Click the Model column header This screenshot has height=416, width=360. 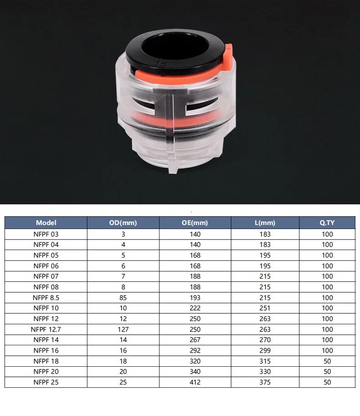click(46, 223)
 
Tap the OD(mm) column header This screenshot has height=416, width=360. click(123, 223)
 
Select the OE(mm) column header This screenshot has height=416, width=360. click(195, 223)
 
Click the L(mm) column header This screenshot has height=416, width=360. click(265, 223)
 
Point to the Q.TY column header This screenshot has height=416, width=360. click(327, 223)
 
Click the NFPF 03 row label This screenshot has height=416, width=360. click(46, 234)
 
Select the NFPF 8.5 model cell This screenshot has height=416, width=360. click(46, 298)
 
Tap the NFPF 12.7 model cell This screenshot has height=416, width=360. click(46, 329)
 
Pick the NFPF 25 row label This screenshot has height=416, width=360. click(46, 382)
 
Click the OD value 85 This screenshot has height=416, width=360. click(123, 298)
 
